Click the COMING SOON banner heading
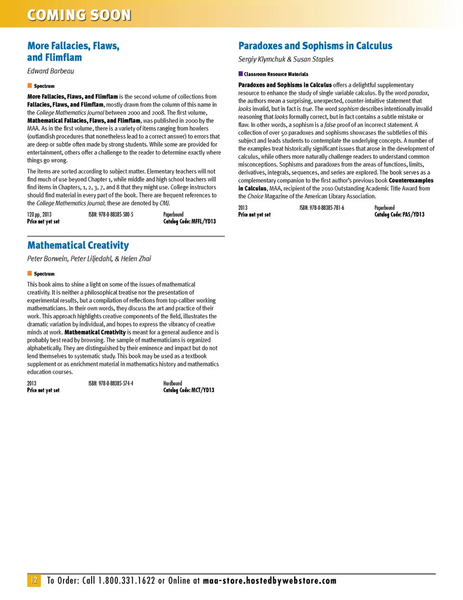click(79, 15)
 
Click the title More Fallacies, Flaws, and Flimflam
click(73, 52)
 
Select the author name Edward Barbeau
click(51, 71)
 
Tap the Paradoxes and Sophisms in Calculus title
click(315, 46)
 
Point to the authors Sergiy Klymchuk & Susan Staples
click(286, 59)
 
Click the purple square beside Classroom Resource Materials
click(241, 74)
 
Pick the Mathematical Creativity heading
click(78, 245)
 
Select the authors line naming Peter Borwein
click(89, 258)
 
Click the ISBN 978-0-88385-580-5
click(111, 214)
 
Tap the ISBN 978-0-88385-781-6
click(322, 208)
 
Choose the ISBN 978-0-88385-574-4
click(111, 383)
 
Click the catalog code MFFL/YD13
click(190, 221)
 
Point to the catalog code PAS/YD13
click(399, 214)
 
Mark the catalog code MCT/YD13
click(189, 390)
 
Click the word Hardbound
click(173, 383)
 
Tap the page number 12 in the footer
click(34, 580)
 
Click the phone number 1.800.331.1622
click(126, 581)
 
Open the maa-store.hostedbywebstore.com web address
click(270, 581)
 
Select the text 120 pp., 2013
click(39, 214)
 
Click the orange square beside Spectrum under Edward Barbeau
click(29, 86)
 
